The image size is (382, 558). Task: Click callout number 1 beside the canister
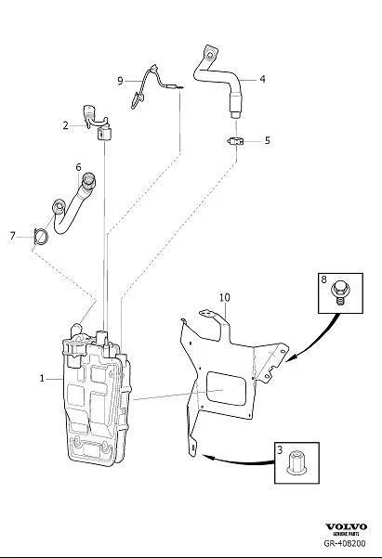[42, 379]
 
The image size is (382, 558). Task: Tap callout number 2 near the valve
[65, 125]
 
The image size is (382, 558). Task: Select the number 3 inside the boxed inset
[280, 449]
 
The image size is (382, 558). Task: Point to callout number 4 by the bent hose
[263, 79]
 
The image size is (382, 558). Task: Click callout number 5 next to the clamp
[268, 140]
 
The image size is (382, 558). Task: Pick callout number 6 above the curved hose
[78, 167]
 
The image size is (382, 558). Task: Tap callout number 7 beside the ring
[13, 236]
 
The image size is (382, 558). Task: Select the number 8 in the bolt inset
[323, 279]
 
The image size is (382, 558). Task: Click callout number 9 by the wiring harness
[120, 81]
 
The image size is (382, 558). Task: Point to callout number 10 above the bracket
[225, 297]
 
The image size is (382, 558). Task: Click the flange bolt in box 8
[339, 292]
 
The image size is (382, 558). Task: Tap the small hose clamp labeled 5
[235, 141]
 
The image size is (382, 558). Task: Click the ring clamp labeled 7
[40, 237]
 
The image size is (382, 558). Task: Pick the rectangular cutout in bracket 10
[226, 388]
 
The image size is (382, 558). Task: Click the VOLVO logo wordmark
[346, 526]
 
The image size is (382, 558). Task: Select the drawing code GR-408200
[345, 543]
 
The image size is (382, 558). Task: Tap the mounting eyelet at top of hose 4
[209, 55]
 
